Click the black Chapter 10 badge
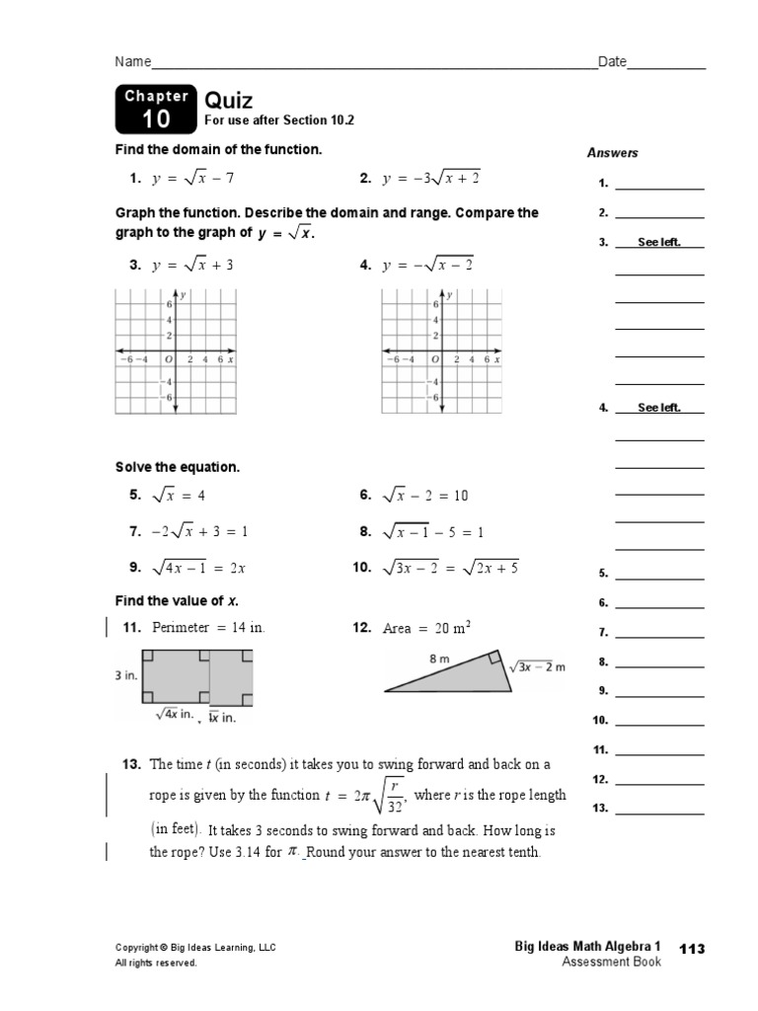pos(155,110)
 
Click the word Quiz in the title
pos(228,101)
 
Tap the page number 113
pos(693,948)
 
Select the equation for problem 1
pos(192,179)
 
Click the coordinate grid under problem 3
pos(176,352)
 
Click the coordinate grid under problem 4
pos(440,352)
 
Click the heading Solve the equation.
pos(178,467)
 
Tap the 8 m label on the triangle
pos(439,658)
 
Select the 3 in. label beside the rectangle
pos(126,675)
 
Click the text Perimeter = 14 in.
pos(207,628)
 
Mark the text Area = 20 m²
pos(425,628)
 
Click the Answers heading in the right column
pos(612,153)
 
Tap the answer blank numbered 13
pos(659,809)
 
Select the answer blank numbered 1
pos(659,184)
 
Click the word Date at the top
pos(612,62)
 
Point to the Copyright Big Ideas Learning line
pos(195,948)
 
